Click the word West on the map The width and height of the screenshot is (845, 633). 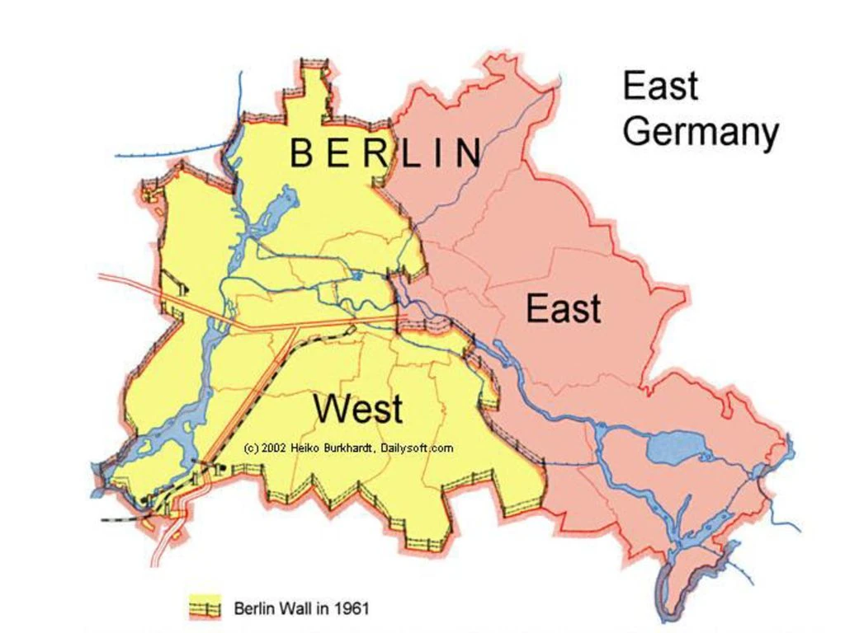pos(359,408)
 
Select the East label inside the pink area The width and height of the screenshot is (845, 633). pos(563,309)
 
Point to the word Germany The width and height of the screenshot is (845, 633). pos(700,132)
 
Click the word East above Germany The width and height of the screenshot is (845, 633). pos(660,86)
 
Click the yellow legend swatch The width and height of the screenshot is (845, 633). pos(205,608)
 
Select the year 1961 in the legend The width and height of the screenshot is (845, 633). pos(352,609)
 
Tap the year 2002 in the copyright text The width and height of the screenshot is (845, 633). pos(271,448)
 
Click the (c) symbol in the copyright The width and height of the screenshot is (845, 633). pos(251,448)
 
